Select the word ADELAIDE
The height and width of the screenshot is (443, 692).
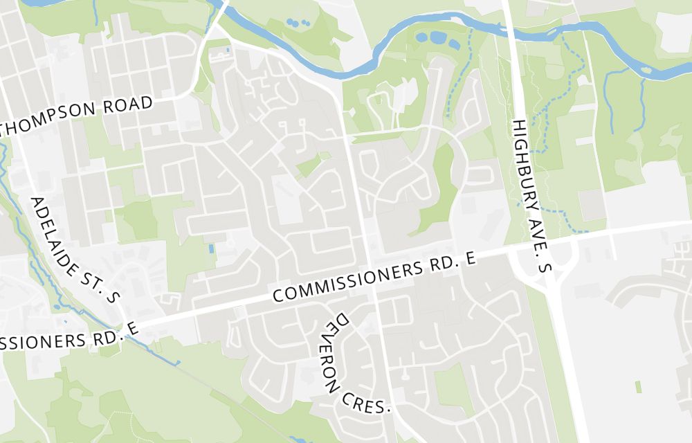pyautogui.click(x=62, y=232)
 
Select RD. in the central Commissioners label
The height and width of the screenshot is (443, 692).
pyautogui.click(x=444, y=264)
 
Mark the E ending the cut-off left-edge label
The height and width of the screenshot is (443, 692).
pyautogui.click(x=132, y=329)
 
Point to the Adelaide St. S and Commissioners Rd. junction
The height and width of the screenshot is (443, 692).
pyautogui.click(x=125, y=324)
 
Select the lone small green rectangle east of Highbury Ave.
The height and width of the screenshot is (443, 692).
pyautogui.click(x=638, y=386)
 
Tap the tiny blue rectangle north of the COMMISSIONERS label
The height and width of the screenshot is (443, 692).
pyautogui.click(x=210, y=248)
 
